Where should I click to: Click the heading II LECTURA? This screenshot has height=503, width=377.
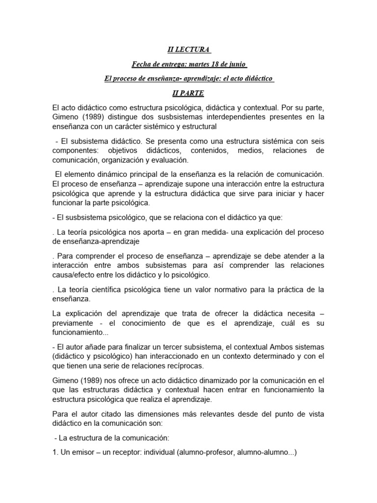pyautogui.click(x=188, y=50)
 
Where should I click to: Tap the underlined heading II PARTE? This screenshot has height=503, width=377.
pyautogui.click(x=188, y=93)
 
